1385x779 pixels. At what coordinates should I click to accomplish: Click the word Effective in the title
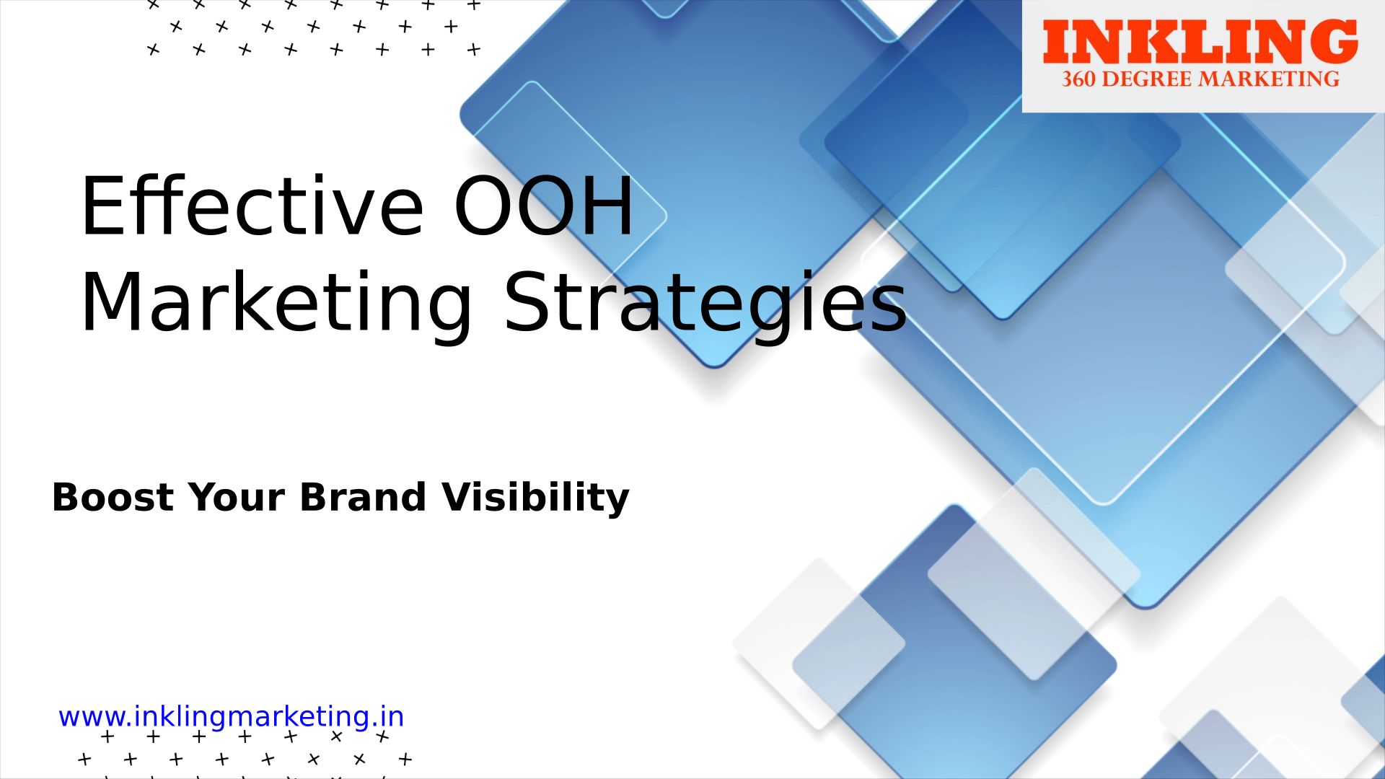point(252,206)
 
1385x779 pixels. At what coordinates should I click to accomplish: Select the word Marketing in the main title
point(277,303)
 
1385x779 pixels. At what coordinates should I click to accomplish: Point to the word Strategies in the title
point(705,303)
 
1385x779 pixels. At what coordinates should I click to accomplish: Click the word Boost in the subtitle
point(113,497)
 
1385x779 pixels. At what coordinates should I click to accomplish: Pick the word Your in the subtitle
point(237,497)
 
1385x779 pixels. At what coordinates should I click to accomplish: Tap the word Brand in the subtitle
point(363,497)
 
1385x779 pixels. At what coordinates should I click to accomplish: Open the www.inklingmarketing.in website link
point(232,717)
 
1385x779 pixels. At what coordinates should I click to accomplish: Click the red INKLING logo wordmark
point(1200,42)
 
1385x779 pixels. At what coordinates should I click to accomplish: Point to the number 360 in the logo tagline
point(1078,79)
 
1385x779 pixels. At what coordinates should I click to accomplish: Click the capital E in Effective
point(100,206)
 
